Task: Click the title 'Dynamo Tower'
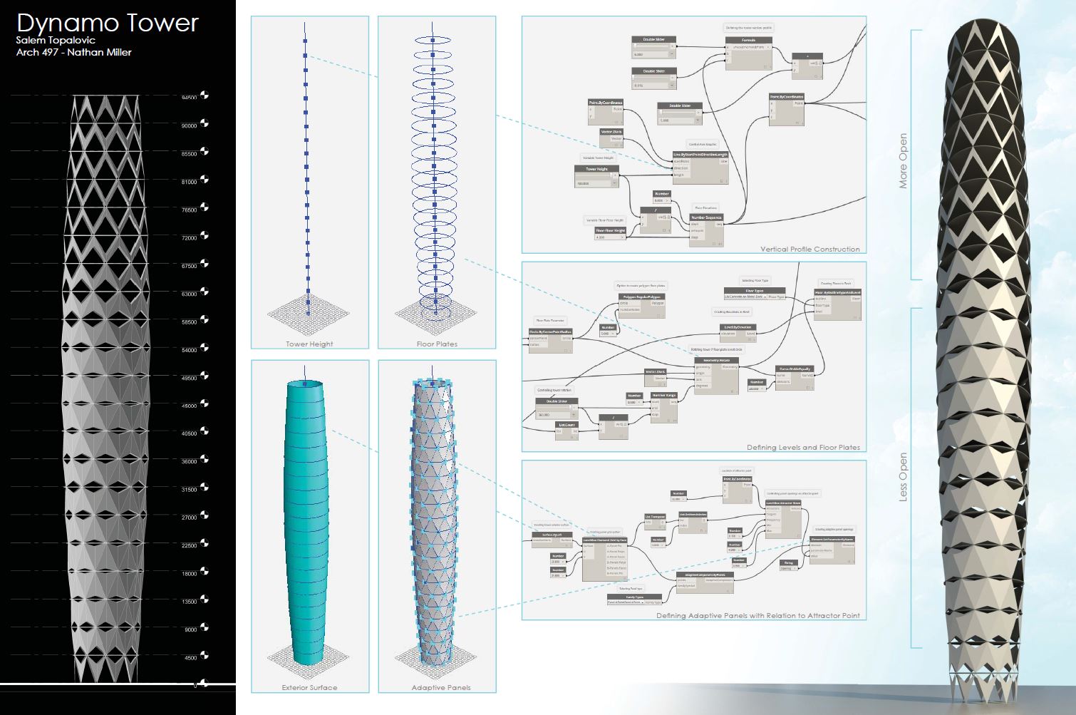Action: click(108, 23)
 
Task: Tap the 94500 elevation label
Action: click(189, 98)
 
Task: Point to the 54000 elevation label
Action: click(189, 350)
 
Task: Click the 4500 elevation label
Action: click(190, 658)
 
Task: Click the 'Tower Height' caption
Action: click(309, 344)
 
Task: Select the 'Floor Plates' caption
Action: click(437, 344)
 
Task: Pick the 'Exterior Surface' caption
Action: click(309, 687)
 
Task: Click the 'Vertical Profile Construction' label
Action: click(809, 250)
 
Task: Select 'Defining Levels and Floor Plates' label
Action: click(803, 448)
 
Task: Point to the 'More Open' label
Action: click(903, 161)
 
